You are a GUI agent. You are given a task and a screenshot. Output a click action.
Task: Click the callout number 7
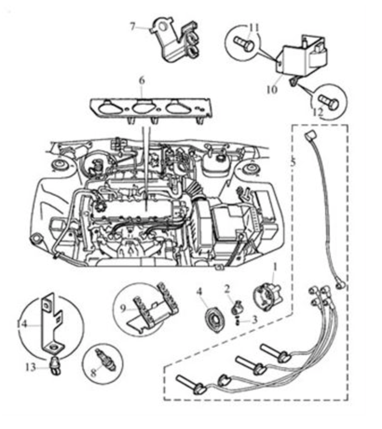point(133,27)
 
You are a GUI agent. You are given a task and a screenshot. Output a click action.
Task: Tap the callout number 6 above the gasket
point(142,80)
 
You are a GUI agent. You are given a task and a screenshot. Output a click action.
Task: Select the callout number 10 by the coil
point(272,89)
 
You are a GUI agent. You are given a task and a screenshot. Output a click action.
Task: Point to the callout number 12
point(318,112)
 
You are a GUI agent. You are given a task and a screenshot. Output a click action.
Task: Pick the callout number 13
point(31,367)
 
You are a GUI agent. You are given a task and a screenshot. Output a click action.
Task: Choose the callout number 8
point(93,373)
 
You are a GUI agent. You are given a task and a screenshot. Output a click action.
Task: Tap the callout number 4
point(199,292)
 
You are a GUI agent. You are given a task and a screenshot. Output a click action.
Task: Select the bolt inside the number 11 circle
point(244,44)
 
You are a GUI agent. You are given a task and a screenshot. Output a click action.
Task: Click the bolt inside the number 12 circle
point(328,101)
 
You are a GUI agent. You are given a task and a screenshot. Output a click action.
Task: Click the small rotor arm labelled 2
point(236,308)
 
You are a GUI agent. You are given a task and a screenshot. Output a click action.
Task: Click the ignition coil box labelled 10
point(301,56)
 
